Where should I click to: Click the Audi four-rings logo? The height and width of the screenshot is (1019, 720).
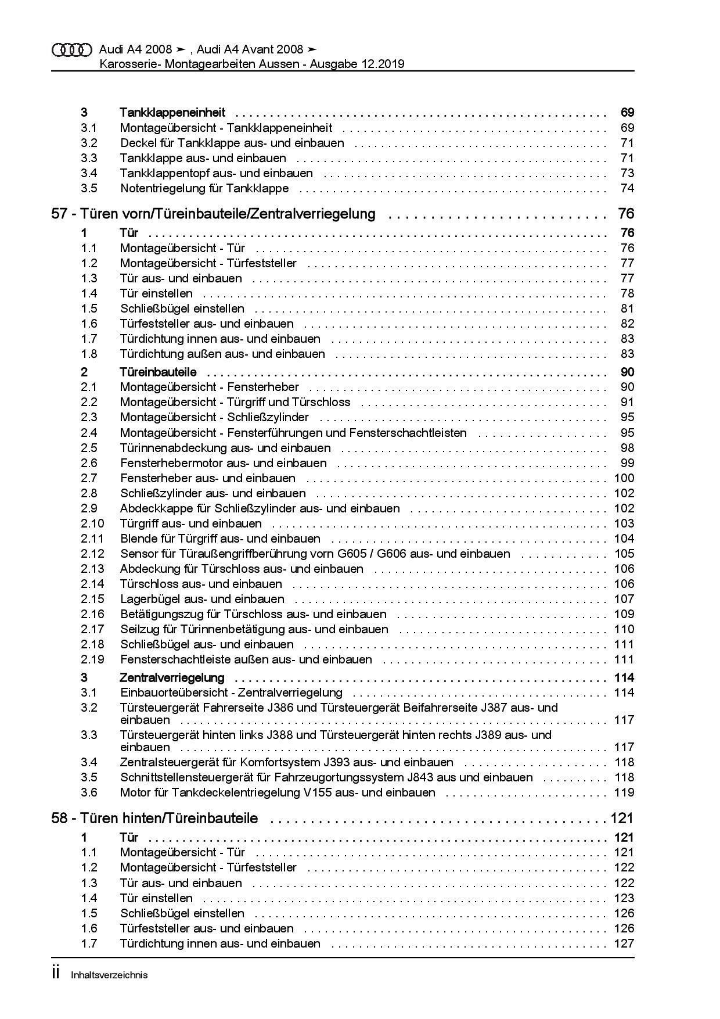click(72, 50)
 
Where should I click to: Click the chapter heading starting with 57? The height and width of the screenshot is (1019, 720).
click(213, 214)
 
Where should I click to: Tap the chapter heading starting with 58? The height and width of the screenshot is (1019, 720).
click(154, 819)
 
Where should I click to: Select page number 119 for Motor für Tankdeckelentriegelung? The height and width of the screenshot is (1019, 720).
click(624, 792)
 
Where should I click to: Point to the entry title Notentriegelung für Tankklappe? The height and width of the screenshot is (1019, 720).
click(204, 188)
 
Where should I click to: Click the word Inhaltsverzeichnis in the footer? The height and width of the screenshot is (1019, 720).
click(109, 975)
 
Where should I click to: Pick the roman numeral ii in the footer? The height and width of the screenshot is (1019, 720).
click(56, 974)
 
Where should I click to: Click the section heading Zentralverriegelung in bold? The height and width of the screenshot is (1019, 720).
click(172, 677)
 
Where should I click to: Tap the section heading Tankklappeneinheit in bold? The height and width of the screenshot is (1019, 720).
click(172, 113)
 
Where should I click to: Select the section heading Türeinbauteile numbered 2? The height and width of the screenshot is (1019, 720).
click(158, 372)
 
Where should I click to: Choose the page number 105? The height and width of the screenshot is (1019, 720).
click(624, 554)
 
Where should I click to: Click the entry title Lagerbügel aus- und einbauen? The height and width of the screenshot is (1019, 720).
click(202, 599)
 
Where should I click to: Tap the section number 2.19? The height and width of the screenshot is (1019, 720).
click(92, 659)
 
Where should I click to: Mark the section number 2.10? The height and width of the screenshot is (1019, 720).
click(92, 523)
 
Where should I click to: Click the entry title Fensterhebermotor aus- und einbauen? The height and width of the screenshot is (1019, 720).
click(224, 463)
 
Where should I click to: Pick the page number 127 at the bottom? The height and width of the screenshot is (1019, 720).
click(624, 943)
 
